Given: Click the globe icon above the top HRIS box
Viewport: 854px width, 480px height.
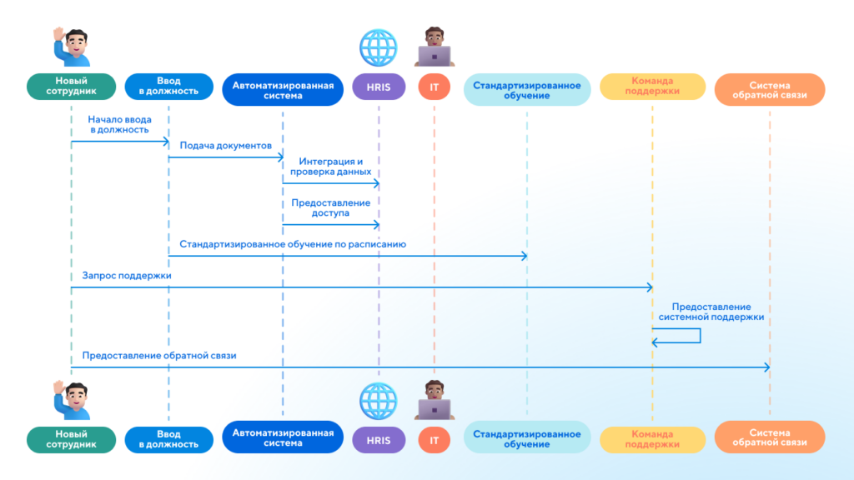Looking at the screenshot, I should click(379, 47).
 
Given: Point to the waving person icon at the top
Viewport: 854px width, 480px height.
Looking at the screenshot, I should click(72, 47).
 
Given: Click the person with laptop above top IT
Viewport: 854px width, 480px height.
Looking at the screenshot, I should click(434, 47).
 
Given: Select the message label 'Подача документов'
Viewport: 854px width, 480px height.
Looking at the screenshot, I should click(225, 145).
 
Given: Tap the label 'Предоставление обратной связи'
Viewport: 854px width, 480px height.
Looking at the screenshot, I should click(159, 355).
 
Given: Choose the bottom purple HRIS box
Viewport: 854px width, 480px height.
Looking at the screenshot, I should click(379, 438).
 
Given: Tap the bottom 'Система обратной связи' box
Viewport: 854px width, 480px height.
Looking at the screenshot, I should click(770, 437).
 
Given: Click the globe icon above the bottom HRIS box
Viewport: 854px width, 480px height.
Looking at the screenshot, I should click(379, 399).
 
